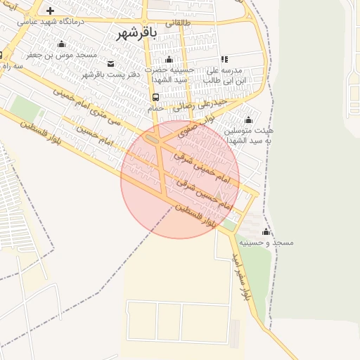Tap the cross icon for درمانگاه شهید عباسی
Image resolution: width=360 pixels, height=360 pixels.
click(50, 11)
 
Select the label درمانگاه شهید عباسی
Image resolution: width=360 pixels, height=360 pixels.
click(50, 22)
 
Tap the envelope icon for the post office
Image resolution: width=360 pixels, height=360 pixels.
click(110, 64)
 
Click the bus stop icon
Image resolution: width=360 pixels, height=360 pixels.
click(155, 97)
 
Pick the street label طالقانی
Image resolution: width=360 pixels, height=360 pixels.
click(177, 23)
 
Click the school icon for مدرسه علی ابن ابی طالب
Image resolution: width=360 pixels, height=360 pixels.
click(224, 60)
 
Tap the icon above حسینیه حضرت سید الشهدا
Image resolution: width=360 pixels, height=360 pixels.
click(168, 59)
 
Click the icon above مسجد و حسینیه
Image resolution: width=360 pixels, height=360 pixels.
click(266, 232)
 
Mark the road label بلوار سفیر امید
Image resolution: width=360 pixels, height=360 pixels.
click(238, 275)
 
